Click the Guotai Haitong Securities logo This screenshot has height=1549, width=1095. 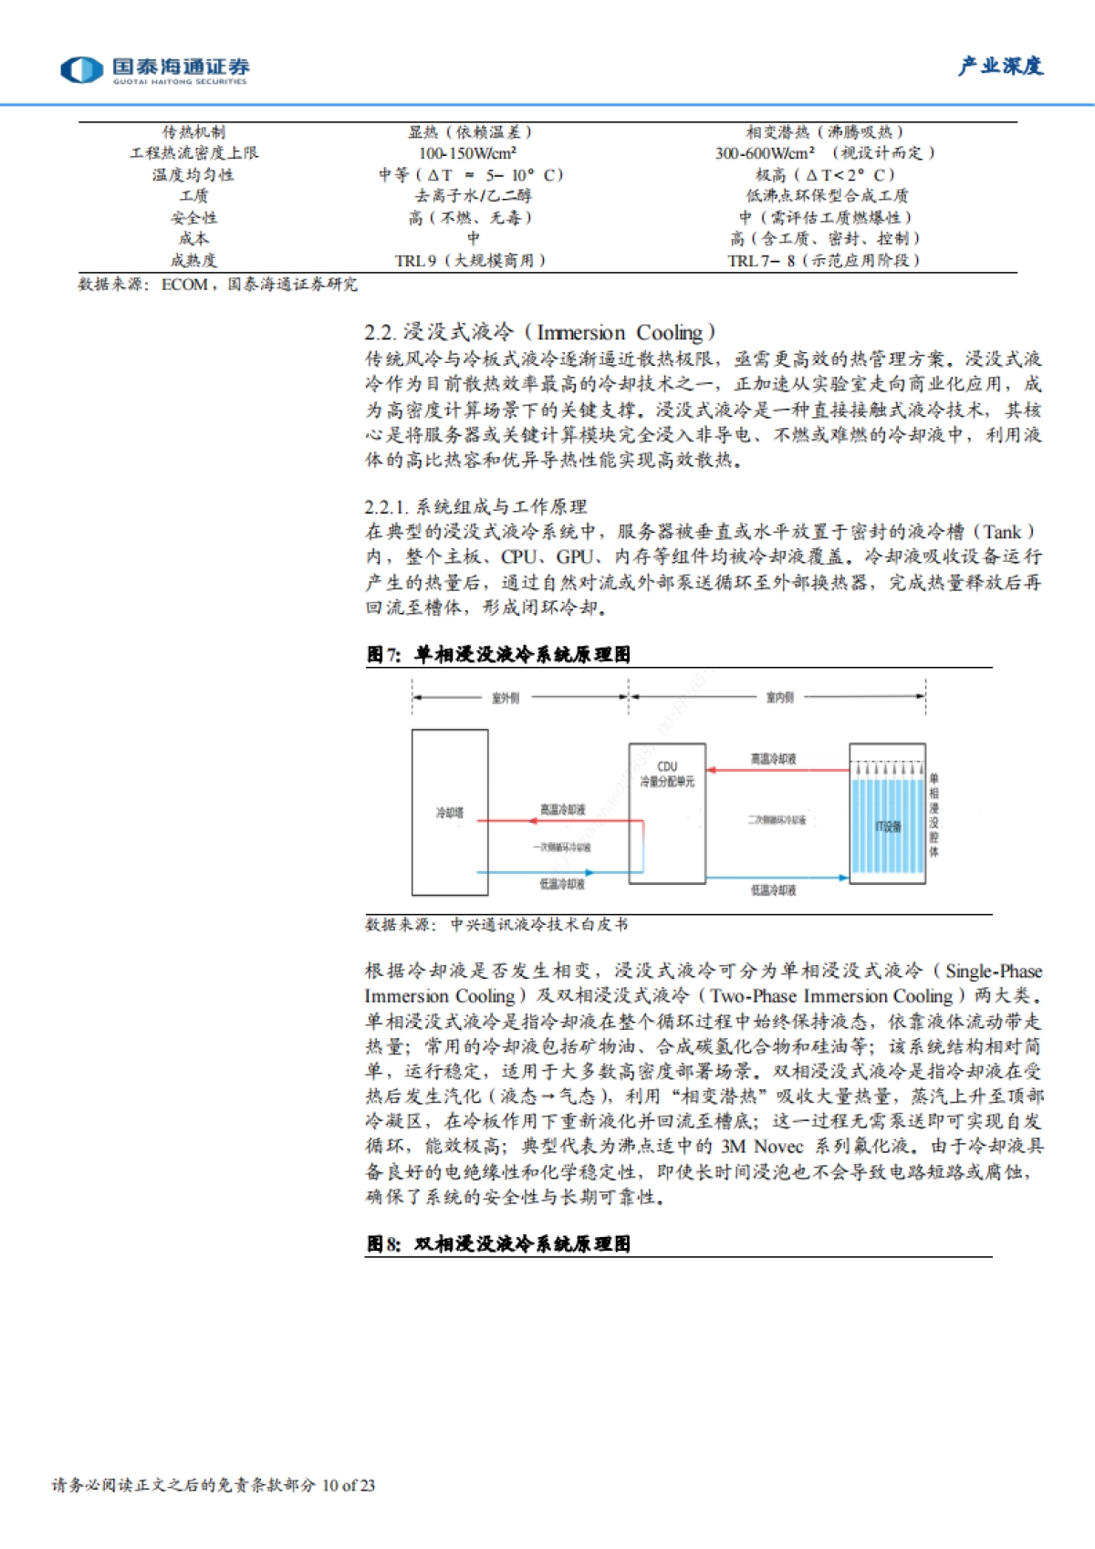click(x=154, y=69)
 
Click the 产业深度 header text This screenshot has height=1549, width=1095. click(x=1000, y=67)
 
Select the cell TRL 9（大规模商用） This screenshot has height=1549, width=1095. click(x=470, y=261)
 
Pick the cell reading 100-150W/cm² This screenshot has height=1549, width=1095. click(x=467, y=153)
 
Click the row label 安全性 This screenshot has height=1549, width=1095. click(x=193, y=218)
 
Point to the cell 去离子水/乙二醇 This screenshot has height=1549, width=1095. click(x=472, y=196)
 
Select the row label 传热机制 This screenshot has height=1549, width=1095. click(x=193, y=132)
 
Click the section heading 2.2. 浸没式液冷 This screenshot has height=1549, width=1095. click(x=539, y=332)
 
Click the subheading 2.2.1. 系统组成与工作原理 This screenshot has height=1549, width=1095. click(x=475, y=506)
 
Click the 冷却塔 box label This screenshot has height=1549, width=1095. click(x=449, y=813)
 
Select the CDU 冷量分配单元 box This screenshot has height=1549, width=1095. click(x=667, y=812)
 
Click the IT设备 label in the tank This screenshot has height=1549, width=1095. click(x=888, y=826)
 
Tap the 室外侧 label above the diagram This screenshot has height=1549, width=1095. click(x=505, y=698)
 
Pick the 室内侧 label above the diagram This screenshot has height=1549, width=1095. click(x=779, y=698)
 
